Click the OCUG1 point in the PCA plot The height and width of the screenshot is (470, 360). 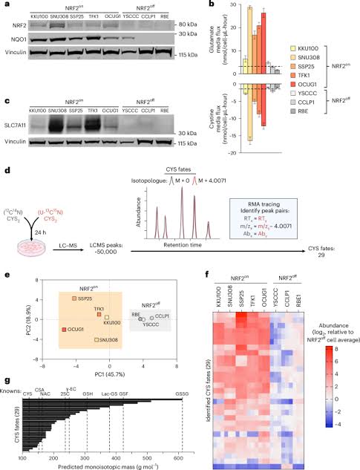click(65, 329)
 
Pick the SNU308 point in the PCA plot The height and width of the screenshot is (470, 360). click(96, 340)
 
